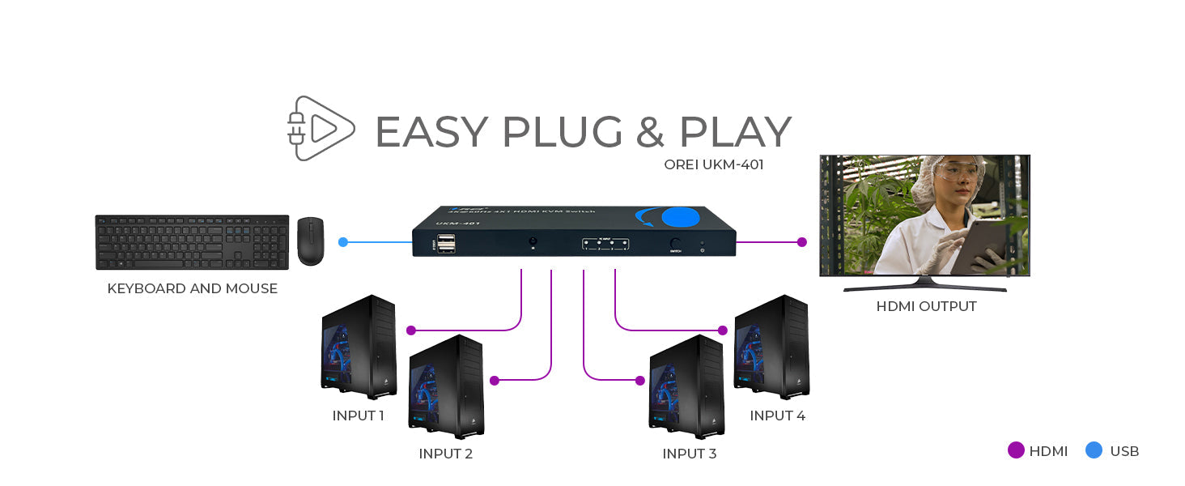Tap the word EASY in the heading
[431, 132]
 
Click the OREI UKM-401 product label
[713, 165]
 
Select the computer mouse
[310, 241]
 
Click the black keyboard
[192, 242]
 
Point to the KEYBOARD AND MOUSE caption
[192, 288]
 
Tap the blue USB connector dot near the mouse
[343, 241]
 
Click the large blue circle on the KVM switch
[680, 217]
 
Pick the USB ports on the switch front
[446, 243]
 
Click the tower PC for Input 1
[359, 347]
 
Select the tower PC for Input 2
[446, 386]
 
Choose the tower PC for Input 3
[686, 386]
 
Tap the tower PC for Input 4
[771, 347]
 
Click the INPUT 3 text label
[689, 454]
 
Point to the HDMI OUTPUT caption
[926, 306]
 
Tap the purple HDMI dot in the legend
[1016, 450]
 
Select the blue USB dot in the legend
[1094, 450]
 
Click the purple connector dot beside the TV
[801, 241]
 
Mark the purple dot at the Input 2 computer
[495, 380]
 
